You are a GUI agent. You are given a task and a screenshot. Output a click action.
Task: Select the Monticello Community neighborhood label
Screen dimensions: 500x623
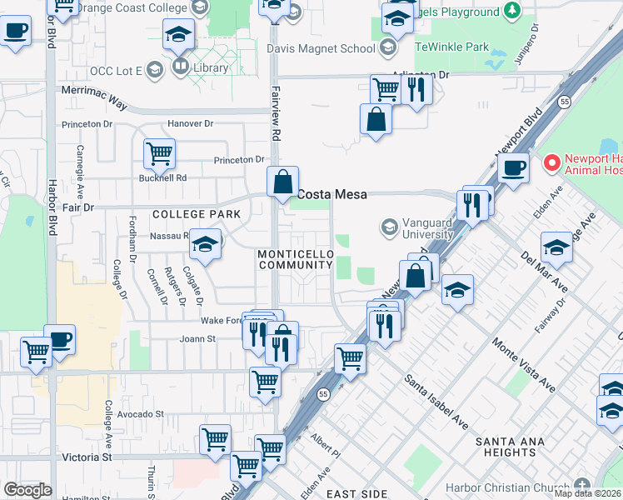(295, 259)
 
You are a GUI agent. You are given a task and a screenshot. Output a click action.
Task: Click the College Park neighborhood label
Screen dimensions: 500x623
(197, 214)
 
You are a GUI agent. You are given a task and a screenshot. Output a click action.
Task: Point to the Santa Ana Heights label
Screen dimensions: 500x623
(505, 446)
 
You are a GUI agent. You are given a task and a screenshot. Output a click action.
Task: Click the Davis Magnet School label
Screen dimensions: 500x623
(321, 48)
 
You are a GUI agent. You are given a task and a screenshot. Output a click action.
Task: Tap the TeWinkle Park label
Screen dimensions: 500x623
(452, 47)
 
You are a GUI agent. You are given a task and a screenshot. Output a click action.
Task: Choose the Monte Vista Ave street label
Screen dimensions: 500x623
(523, 365)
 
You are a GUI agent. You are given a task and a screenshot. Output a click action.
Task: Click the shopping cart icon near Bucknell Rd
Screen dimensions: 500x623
(159, 152)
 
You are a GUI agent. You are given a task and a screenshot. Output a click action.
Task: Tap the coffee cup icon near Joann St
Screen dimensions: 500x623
(59, 339)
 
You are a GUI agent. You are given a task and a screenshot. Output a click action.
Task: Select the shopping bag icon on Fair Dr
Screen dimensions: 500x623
(283, 181)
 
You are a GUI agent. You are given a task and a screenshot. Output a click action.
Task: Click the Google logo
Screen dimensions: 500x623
(27, 490)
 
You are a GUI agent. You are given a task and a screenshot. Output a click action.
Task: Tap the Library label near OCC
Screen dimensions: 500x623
(208, 67)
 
